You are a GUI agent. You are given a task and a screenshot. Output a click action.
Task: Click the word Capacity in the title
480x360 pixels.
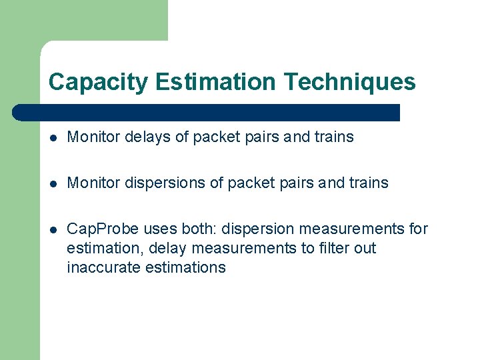click(99, 83)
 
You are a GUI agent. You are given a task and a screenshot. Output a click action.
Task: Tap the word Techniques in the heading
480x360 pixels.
click(349, 83)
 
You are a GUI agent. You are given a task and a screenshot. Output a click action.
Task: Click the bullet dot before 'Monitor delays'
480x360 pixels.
click(54, 138)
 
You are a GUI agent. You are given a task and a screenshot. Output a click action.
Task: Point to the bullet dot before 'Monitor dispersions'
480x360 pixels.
click(54, 183)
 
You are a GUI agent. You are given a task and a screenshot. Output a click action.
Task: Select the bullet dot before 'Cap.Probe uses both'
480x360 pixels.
click(54, 229)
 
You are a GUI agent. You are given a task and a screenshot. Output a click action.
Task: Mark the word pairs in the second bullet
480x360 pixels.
click(299, 183)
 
